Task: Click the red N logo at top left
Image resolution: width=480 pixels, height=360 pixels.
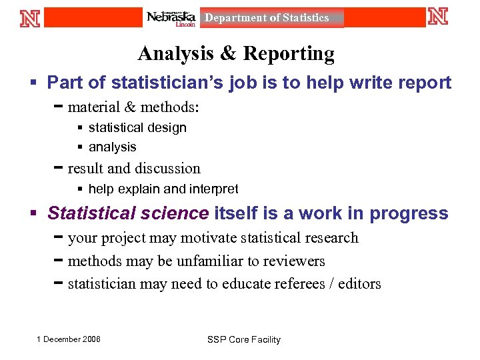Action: click(30, 17)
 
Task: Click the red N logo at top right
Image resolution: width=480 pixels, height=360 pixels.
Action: click(438, 17)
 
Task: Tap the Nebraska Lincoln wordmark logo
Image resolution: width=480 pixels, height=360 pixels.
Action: click(171, 18)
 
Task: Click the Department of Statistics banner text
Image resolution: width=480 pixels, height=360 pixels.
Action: click(267, 18)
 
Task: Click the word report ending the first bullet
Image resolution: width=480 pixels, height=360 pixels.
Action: click(429, 83)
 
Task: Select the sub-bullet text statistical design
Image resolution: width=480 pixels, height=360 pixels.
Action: click(137, 127)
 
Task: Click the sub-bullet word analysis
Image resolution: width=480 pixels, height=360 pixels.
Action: click(112, 147)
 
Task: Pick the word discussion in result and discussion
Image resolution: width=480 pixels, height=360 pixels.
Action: click(167, 168)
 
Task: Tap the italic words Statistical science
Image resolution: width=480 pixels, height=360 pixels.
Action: click(128, 213)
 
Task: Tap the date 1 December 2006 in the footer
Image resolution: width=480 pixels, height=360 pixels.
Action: click(69, 339)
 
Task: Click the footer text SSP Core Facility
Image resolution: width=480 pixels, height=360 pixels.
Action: click(244, 339)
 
